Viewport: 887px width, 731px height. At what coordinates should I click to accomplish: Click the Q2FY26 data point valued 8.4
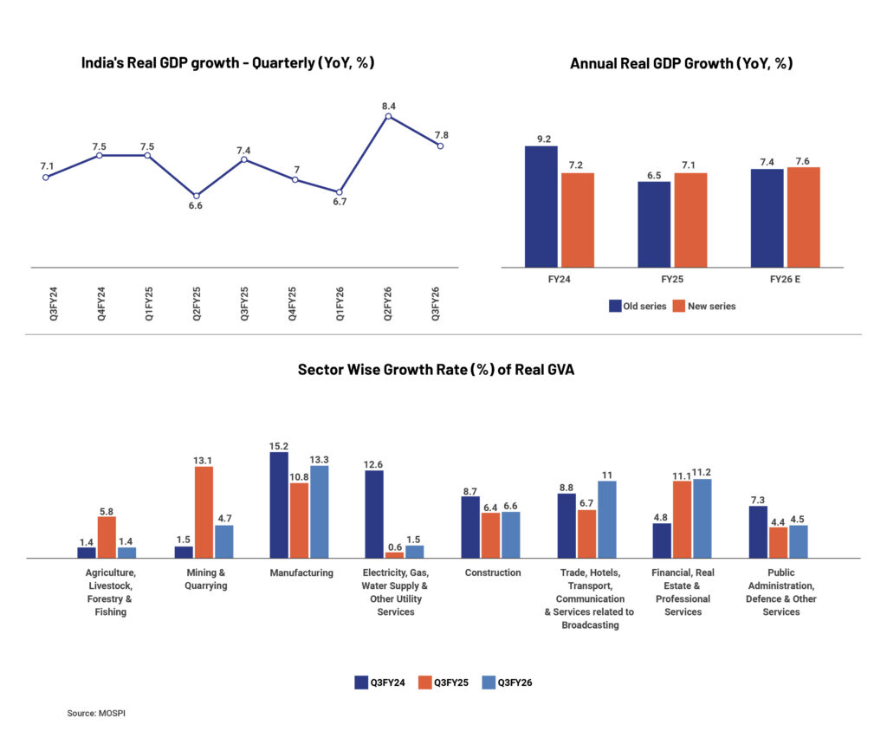[x=388, y=115]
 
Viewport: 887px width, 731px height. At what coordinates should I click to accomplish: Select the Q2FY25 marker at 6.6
[x=196, y=196]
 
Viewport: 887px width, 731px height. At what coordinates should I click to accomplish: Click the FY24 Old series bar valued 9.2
[x=541, y=206]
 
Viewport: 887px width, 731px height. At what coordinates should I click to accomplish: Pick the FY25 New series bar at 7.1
[x=690, y=220]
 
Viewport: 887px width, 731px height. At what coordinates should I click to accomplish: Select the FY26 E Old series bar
[x=767, y=217]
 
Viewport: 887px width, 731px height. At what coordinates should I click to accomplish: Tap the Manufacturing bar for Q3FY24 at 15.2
[x=279, y=505]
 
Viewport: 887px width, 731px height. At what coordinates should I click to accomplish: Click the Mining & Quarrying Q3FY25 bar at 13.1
[x=204, y=513]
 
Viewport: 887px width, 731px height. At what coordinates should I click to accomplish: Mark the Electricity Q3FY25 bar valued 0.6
[x=394, y=555]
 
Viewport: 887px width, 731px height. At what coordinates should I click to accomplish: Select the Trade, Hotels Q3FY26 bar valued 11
[x=606, y=520]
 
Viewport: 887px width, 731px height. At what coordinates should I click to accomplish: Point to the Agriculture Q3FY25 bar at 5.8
[x=107, y=537]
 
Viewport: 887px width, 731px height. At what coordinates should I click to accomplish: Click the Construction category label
[x=493, y=573]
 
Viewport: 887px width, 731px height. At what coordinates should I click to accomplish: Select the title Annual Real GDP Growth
[x=681, y=63]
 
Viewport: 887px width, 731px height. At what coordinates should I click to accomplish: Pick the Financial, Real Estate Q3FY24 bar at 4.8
[x=661, y=540]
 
